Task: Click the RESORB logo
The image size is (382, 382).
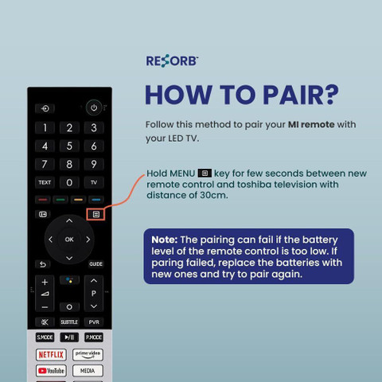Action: [172, 60]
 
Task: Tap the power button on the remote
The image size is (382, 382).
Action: [94, 107]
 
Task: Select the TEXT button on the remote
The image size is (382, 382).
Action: [45, 182]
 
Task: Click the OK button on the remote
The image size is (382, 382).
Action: [69, 240]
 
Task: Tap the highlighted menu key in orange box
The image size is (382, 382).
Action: [95, 214]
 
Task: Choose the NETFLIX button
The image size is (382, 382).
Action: [51, 354]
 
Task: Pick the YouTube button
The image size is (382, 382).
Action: [51, 371]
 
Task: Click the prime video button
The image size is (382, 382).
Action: [88, 354]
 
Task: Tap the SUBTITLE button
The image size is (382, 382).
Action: [69, 322]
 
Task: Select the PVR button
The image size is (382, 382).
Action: [94, 322]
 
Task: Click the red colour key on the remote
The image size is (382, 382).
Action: [43, 200]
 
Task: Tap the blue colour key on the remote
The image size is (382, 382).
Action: [96, 200]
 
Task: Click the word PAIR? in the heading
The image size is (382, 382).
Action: [301, 95]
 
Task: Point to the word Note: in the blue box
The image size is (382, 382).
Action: [165, 240]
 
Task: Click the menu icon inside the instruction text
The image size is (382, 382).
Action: [205, 173]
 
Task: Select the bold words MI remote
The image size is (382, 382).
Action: [311, 124]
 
